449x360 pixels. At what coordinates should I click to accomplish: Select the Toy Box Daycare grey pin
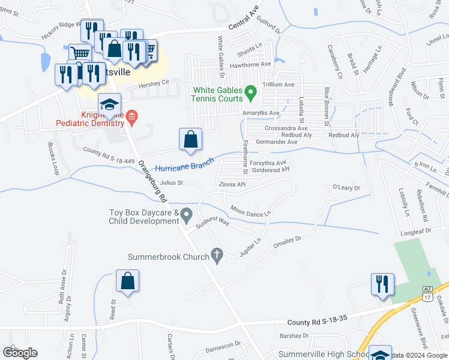click(187, 214)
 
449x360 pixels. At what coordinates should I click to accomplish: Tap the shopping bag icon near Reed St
click(127, 281)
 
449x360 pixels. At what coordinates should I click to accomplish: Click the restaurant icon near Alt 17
click(382, 284)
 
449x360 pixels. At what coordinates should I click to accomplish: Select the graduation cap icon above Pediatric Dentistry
click(110, 105)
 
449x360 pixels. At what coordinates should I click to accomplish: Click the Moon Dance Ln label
click(250, 210)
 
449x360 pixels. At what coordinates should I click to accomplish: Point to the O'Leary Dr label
click(346, 188)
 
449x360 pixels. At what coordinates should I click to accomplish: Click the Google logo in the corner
click(20, 353)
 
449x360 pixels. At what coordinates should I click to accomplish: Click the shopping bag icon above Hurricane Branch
click(190, 139)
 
